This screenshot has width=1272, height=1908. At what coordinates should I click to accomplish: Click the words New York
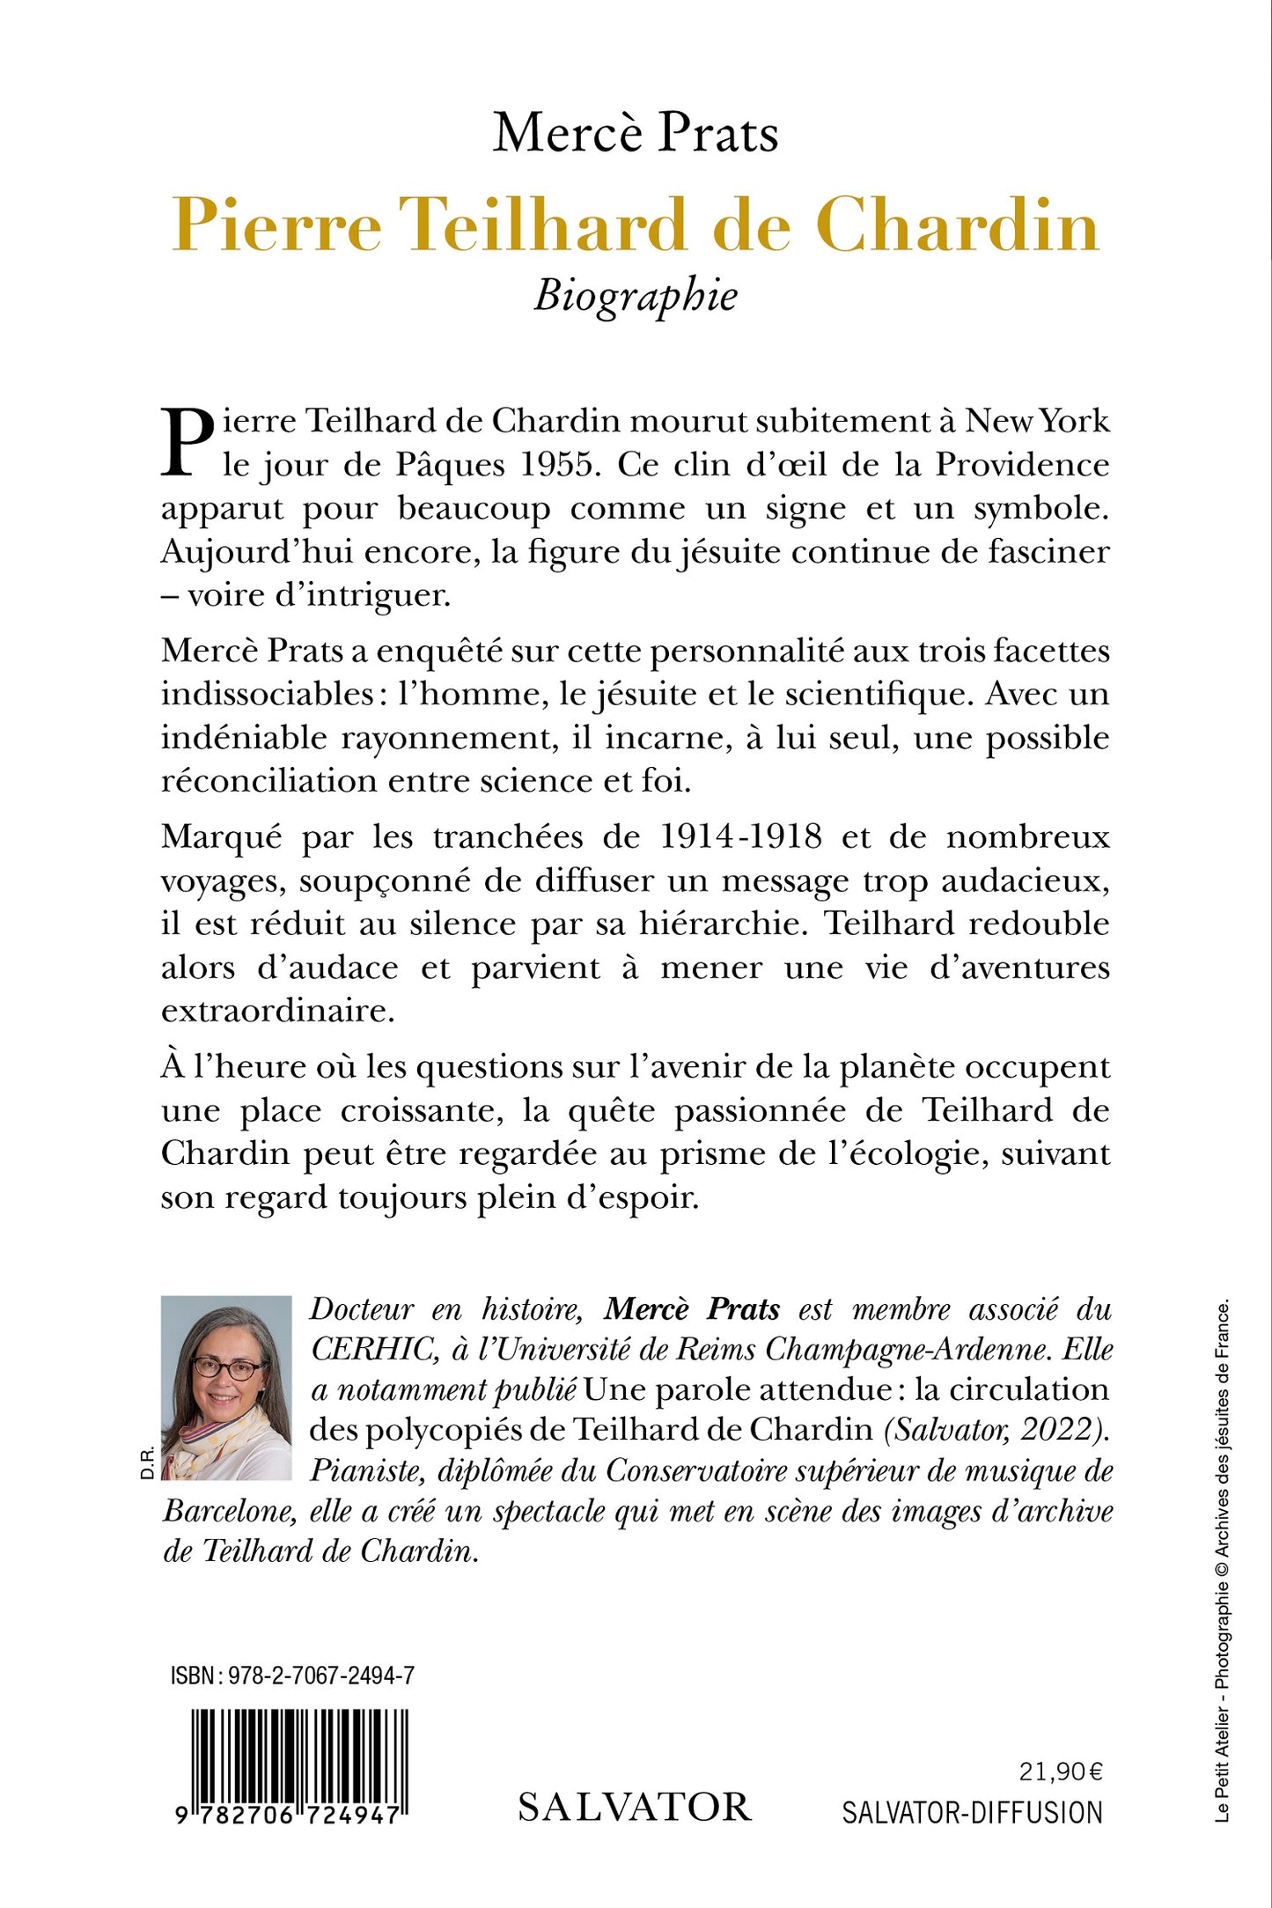1037,421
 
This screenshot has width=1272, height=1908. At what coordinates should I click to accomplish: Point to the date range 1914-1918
740,836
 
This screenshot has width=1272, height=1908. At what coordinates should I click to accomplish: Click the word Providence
1021,465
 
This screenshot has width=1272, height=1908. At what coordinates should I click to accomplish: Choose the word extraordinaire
277,1011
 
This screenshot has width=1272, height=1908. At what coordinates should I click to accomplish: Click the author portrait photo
226,1388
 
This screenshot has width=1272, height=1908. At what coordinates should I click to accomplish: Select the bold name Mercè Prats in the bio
692,1310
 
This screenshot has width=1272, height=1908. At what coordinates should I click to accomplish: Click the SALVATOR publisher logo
635,1807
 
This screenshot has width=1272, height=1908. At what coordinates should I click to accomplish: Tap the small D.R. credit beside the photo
147,1462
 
